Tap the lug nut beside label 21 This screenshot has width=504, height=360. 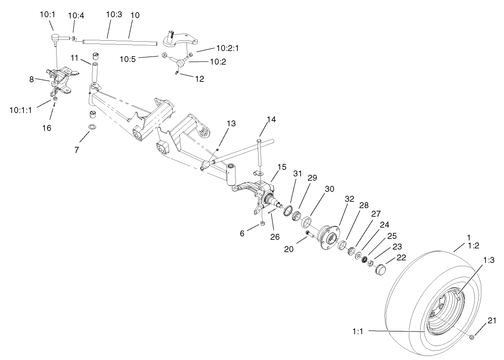point(472,336)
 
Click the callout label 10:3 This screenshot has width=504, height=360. point(114,15)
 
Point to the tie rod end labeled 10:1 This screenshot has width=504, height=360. point(55,38)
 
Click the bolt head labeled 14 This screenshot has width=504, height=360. point(258,142)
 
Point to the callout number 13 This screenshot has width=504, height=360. point(231,123)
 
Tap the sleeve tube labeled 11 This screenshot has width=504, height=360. point(96,72)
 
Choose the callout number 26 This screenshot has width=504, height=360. point(274,236)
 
